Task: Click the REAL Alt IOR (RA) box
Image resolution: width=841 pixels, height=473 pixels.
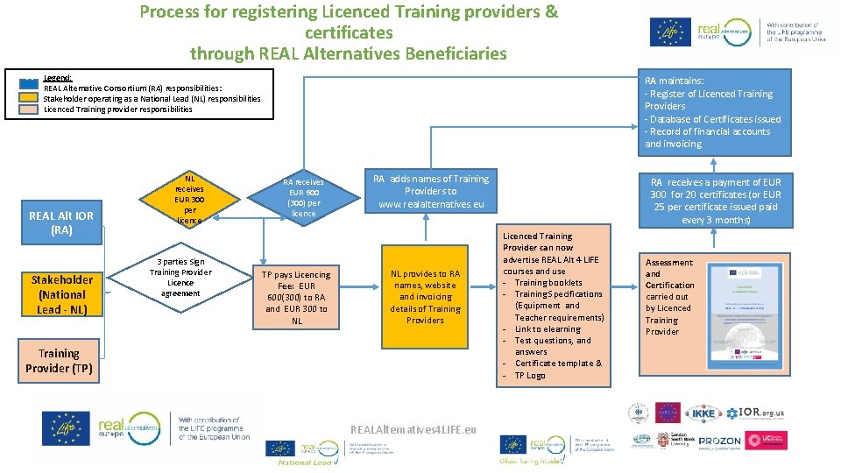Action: click(61, 222)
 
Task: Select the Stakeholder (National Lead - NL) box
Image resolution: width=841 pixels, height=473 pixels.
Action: click(61, 294)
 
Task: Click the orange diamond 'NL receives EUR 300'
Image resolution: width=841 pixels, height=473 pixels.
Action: click(189, 199)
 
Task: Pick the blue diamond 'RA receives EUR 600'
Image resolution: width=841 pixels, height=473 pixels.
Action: click(304, 198)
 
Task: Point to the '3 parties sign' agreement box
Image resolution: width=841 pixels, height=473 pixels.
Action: click(180, 278)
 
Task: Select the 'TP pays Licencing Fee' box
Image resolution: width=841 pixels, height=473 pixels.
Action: click(297, 297)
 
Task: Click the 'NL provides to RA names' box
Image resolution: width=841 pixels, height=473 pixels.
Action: click(425, 297)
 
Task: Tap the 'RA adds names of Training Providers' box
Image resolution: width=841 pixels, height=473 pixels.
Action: click(430, 191)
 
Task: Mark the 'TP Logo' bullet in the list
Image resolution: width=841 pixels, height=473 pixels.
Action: click(529, 375)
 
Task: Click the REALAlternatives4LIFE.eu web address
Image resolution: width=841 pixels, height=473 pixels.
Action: click(413, 430)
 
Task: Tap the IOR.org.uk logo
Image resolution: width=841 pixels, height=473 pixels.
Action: click(759, 412)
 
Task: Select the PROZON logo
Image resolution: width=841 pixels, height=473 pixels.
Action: click(720, 441)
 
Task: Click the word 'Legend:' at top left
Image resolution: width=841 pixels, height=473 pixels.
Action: click(58, 78)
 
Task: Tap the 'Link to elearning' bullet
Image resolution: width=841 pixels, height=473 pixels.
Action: click(548, 329)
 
